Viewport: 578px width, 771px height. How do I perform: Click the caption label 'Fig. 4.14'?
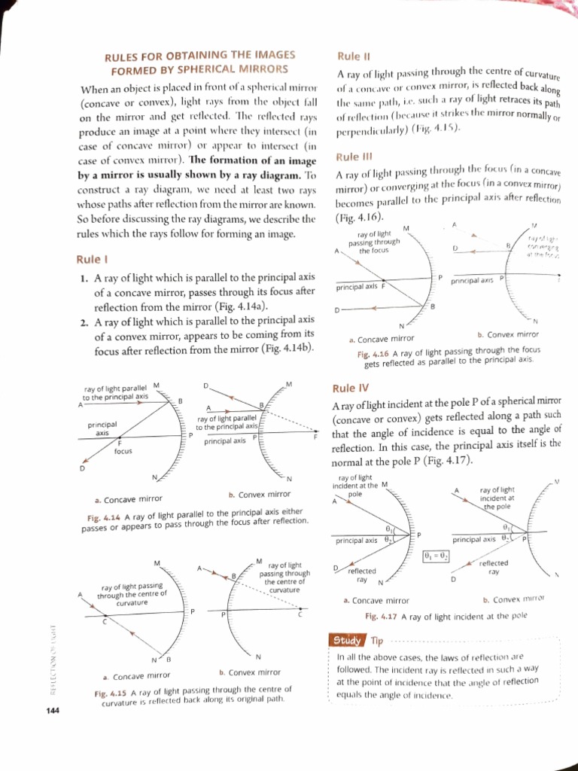105,517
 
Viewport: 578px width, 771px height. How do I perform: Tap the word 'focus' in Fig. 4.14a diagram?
123,451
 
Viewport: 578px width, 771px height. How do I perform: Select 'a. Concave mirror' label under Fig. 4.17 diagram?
376,600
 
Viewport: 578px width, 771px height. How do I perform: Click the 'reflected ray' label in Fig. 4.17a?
361,575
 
